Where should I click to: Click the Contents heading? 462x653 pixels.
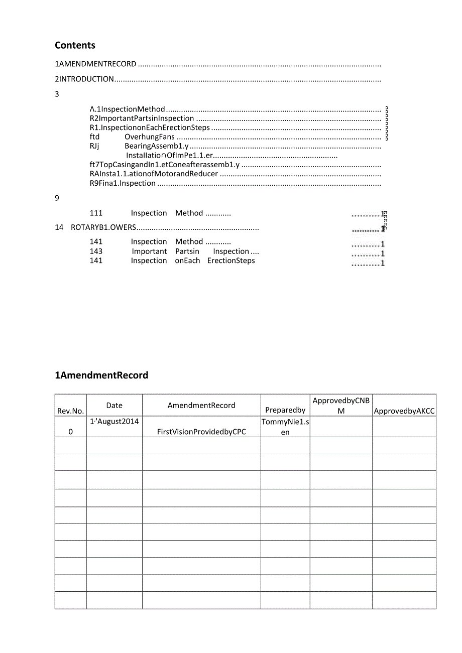(75, 45)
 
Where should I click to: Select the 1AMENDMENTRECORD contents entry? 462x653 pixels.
(95, 64)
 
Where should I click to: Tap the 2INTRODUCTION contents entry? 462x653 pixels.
(84, 79)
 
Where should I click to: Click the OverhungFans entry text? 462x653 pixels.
(150, 137)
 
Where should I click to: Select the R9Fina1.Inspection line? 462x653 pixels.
(123, 184)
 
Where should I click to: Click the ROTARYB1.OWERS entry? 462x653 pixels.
(103, 227)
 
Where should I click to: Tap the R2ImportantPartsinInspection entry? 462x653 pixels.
(142, 118)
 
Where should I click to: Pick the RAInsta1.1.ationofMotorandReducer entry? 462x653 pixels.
(154, 174)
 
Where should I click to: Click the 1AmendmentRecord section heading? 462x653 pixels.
(101, 375)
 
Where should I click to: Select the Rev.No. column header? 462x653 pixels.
(70, 411)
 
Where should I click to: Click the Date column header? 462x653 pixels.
(114, 406)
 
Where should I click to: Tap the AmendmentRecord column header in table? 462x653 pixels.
(201, 406)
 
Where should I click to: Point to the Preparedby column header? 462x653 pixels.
(285, 411)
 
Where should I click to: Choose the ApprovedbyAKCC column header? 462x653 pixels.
(404, 411)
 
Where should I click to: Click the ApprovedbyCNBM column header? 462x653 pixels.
(340, 406)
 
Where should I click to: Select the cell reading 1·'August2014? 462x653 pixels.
(114, 422)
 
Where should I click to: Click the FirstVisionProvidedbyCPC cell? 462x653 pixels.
(201, 432)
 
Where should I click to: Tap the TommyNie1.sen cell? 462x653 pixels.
(285, 427)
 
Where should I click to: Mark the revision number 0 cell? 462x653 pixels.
(70, 432)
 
